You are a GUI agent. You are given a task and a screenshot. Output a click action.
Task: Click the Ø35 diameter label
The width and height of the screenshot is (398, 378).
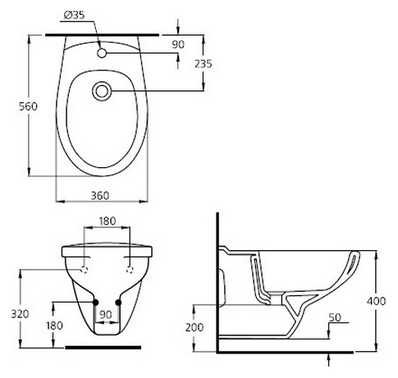[x=73, y=15]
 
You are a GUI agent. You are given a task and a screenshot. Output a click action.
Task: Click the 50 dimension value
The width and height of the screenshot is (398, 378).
[x=334, y=317]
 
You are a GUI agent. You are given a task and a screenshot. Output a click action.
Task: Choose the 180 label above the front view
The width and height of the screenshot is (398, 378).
[x=108, y=221]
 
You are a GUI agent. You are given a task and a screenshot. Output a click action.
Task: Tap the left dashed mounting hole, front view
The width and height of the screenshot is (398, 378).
[x=85, y=269]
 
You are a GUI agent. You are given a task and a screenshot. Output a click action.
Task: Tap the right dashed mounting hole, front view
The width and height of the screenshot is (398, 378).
[x=130, y=269]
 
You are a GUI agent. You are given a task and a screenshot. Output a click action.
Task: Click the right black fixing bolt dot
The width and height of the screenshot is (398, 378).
[x=120, y=303]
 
